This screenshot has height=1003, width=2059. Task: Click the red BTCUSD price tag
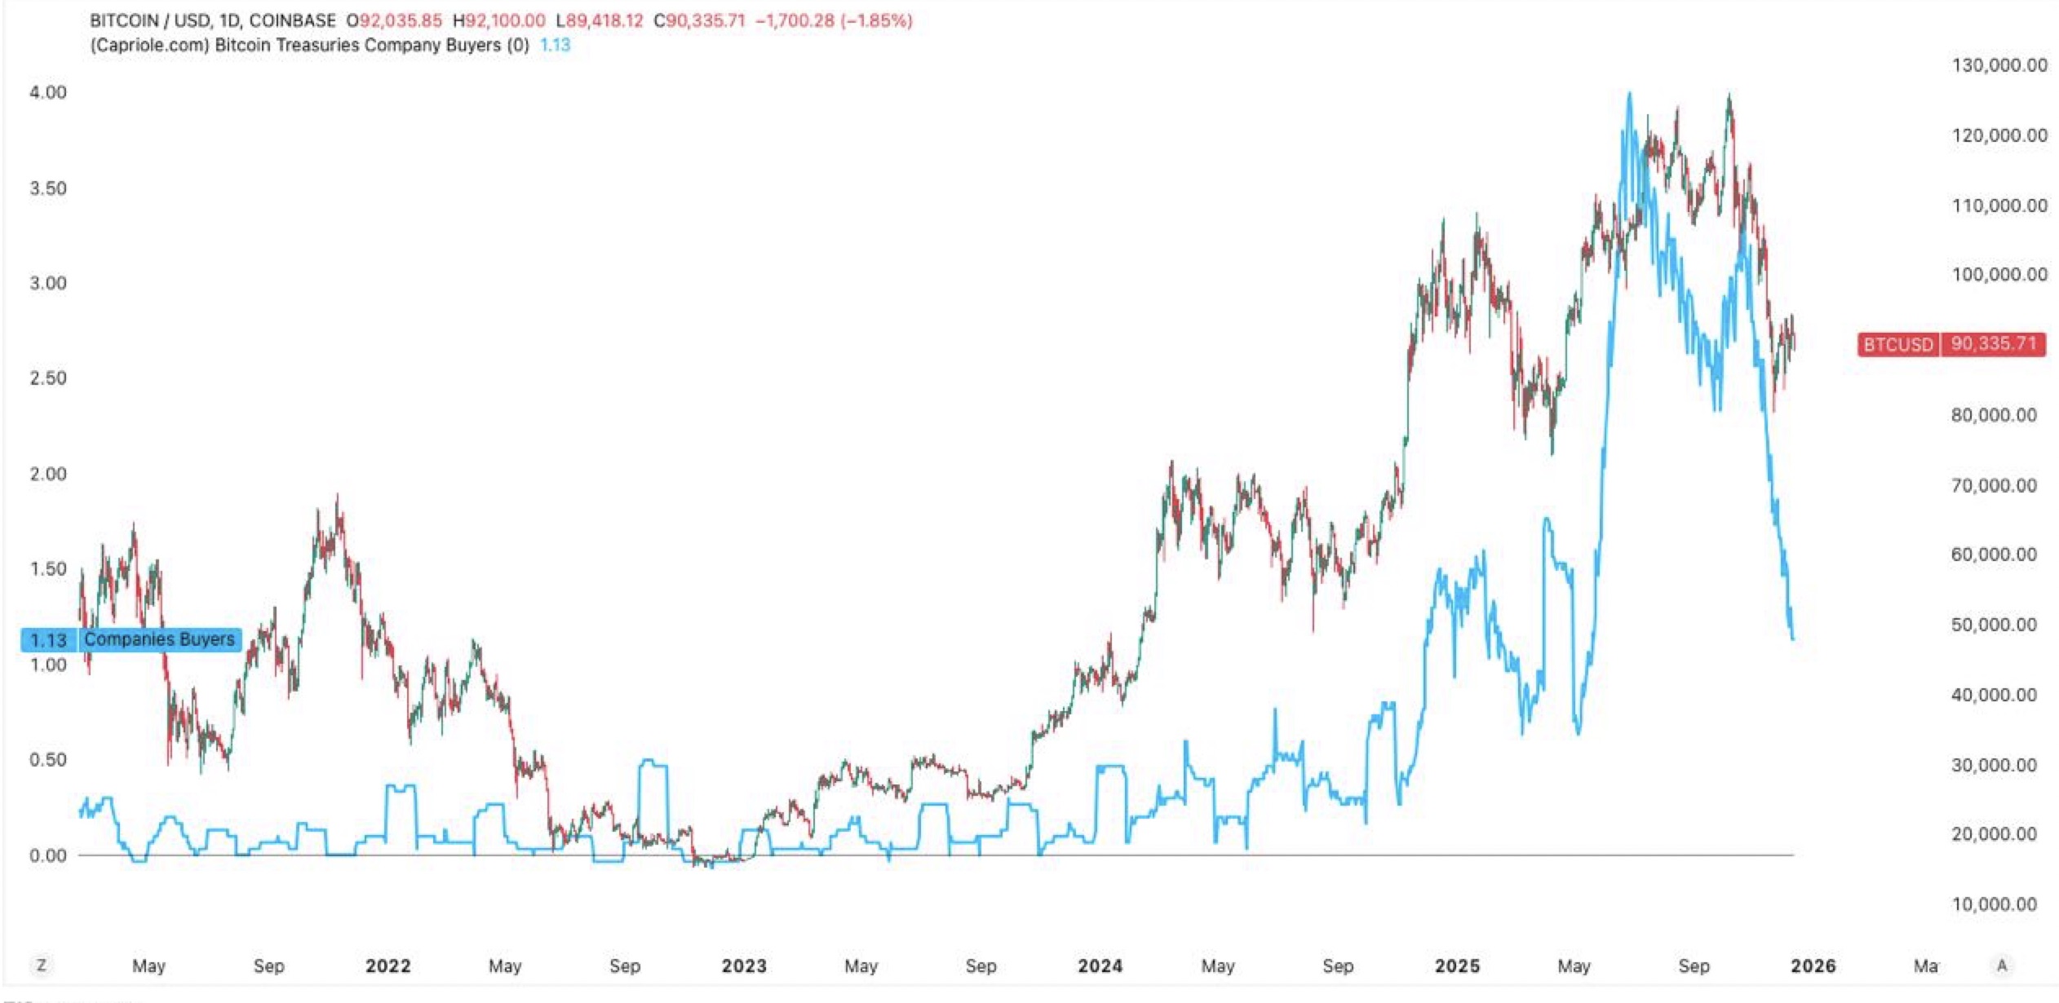click(x=1951, y=344)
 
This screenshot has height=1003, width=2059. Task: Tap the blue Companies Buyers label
click(x=131, y=639)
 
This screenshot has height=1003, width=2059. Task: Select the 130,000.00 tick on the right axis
click(x=1999, y=65)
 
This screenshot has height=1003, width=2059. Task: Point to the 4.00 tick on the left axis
click(x=48, y=92)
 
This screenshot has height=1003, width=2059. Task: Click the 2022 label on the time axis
click(x=387, y=966)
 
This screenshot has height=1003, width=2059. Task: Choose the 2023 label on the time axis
click(x=744, y=966)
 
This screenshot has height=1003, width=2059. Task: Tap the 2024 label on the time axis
click(x=1100, y=966)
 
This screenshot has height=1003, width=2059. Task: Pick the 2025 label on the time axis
click(x=1457, y=966)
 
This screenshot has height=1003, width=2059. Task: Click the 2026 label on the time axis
click(x=1813, y=966)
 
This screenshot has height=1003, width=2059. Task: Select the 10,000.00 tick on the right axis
click(x=1994, y=904)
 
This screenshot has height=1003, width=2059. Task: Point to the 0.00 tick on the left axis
click(x=48, y=855)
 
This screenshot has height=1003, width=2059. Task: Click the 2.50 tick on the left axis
click(x=48, y=378)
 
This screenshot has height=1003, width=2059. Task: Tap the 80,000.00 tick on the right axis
click(x=1994, y=415)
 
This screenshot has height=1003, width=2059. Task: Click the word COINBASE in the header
click(x=292, y=20)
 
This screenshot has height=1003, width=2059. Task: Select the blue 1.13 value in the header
click(x=555, y=45)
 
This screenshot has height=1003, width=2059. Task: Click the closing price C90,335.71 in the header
click(x=699, y=20)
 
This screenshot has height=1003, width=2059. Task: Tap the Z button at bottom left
click(x=41, y=965)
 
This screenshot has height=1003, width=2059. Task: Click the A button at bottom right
click(x=2001, y=965)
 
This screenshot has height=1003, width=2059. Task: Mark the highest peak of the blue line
click(x=1629, y=94)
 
